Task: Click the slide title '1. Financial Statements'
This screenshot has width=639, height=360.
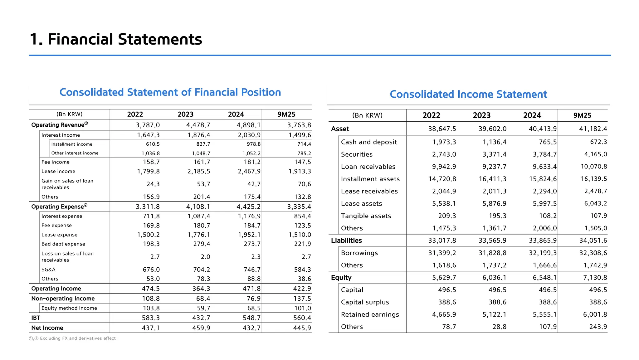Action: pyautogui.click(x=116, y=39)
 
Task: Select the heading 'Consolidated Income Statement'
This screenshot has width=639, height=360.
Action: pyautogui.click(x=468, y=94)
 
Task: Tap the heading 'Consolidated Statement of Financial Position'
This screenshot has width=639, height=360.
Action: pyautogui.click(x=170, y=92)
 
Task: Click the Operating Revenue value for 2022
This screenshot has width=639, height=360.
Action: pyautogui.click(x=148, y=125)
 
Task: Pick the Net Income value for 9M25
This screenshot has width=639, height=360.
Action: pyautogui.click(x=302, y=328)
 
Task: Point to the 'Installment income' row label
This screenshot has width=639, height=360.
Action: pyautogui.click(x=72, y=144)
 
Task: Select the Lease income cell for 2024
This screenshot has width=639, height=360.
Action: pyautogui.click(x=249, y=171)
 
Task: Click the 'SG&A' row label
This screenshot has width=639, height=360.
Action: pyautogui.click(x=48, y=270)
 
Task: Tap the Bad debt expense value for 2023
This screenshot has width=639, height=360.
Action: pyautogui.click(x=202, y=244)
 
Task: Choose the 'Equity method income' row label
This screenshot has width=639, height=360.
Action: pyautogui.click(x=69, y=308)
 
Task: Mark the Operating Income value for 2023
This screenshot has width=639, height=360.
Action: pyautogui.click(x=201, y=289)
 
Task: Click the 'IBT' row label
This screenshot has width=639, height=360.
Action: pyautogui.click(x=36, y=318)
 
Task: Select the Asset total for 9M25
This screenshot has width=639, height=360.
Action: pyautogui.click(x=593, y=129)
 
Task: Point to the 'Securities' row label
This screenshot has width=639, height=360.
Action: pyautogui.click(x=357, y=154)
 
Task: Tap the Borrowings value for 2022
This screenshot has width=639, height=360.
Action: pyautogui.click(x=442, y=253)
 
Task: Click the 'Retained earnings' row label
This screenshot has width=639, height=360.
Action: pyautogui.click(x=370, y=314)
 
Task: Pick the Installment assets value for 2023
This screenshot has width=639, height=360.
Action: pyautogui.click(x=492, y=179)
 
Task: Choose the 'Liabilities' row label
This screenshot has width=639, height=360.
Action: pyautogui.click(x=346, y=241)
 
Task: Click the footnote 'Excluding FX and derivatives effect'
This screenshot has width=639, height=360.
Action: pyautogui.click(x=78, y=338)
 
